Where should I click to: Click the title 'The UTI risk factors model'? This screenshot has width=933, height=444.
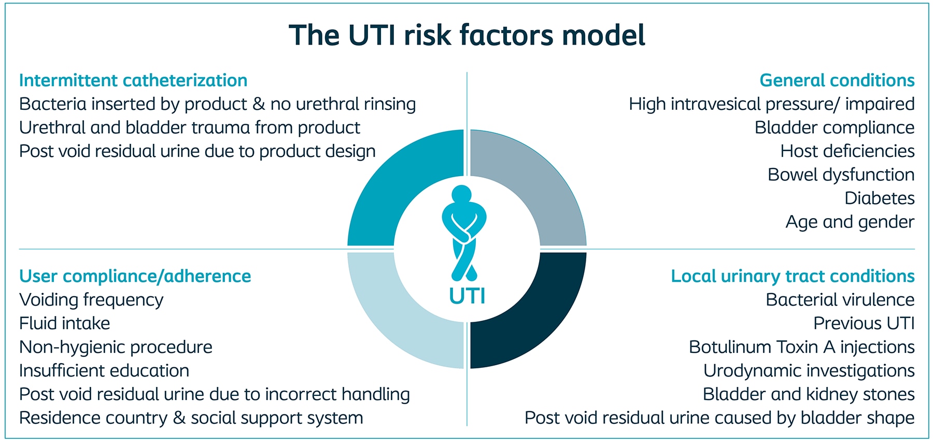click(x=467, y=35)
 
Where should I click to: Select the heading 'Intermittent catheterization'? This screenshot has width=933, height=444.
click(x=133, y=80)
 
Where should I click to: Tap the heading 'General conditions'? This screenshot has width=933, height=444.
click(x=837, y=80)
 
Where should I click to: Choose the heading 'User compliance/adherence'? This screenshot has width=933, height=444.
click(x=135, y=276)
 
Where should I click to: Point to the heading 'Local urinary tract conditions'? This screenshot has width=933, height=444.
click(x=793, y=276)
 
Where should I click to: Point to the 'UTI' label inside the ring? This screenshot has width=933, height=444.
click(x=467, y=296)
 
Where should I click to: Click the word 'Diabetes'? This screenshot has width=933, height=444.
click(x=879, y=198)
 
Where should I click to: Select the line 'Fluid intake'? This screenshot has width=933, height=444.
click(x=65, y=323)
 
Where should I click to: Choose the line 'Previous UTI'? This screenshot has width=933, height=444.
click(x=864, y=323)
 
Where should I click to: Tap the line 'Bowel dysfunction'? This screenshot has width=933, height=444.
click(x=841, y=175)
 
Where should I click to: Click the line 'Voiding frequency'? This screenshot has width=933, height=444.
click(x=91, y=300)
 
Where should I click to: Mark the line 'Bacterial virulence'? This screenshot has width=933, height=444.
click(x=840, y=299)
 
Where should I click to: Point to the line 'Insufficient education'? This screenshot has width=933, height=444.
click(x=104, y=370)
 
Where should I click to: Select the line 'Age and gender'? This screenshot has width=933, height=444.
click(x=850, y=222)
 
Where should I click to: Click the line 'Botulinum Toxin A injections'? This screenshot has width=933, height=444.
click(x=802, y=347)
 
